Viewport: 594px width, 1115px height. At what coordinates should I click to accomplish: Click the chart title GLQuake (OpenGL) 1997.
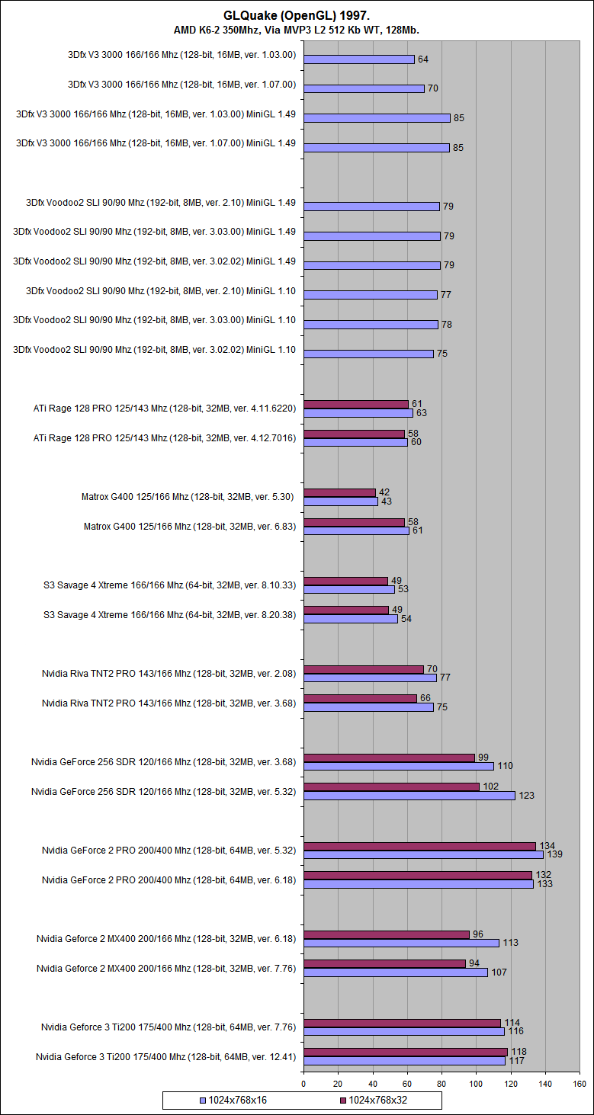(297, 15)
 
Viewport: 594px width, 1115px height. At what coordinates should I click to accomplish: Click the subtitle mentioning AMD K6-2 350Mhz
(297, 30)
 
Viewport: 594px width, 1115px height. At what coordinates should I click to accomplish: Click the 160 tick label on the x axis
(580, 1082)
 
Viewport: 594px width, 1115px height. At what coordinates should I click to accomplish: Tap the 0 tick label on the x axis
(303, 1082)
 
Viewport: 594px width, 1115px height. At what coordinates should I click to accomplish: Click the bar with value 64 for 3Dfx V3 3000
(358, 59)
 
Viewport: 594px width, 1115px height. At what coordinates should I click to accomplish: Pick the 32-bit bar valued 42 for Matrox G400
(339, 492)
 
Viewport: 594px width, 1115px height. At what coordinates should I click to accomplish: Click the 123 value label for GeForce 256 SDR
(526, 796)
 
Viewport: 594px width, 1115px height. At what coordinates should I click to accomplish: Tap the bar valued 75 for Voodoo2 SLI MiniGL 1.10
(368, 354)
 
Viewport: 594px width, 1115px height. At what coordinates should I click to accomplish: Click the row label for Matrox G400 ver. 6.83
(189, 526)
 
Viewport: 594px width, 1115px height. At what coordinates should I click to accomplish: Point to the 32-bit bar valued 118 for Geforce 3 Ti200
(405, 1052)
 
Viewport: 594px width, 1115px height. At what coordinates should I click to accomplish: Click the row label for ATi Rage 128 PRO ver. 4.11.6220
(164, 409)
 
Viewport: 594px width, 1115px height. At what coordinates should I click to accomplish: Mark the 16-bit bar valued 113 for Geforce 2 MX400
(401, 943)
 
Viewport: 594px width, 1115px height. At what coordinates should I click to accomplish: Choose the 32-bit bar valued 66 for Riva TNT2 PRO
(360, 698)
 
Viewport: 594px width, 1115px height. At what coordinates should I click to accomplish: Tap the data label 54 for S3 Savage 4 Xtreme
(406, 619)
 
